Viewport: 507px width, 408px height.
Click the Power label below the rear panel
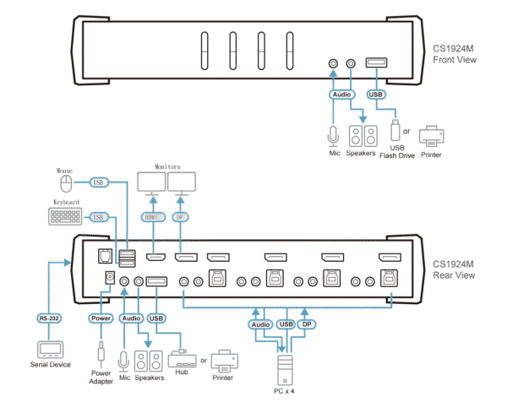[100, 318]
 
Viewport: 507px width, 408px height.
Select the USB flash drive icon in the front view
[394, 131]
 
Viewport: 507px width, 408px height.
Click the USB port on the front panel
[377, 63]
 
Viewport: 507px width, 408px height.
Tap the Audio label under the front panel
[341, 95]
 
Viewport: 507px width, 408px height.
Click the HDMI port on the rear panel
[155, 256]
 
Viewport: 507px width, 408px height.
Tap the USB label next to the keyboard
[99, 216]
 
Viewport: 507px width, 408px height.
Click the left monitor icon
[153, 182]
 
